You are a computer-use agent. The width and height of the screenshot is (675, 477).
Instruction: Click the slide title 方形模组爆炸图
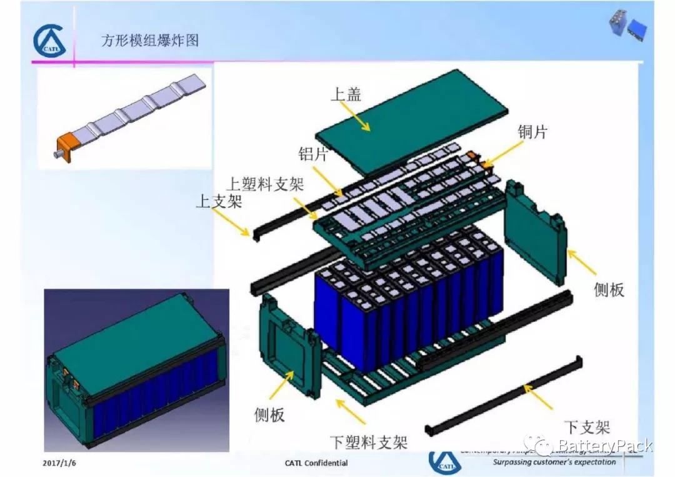pos(150,41)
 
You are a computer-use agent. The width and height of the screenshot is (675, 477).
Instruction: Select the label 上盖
pos(346,94)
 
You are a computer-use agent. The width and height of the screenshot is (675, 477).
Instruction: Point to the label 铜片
pos(532,132)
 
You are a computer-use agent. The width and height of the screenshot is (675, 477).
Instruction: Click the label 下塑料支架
pos(368,443)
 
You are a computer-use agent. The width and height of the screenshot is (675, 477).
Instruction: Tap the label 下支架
pos(587,427)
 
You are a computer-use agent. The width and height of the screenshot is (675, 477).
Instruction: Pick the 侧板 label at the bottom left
pos(269,414)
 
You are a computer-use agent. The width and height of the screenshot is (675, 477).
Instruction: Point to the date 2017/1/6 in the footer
pos(63,463)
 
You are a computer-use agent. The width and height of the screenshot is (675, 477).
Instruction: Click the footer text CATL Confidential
pos(316,463)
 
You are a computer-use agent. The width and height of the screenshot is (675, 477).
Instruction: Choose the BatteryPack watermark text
pos(604,446)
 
